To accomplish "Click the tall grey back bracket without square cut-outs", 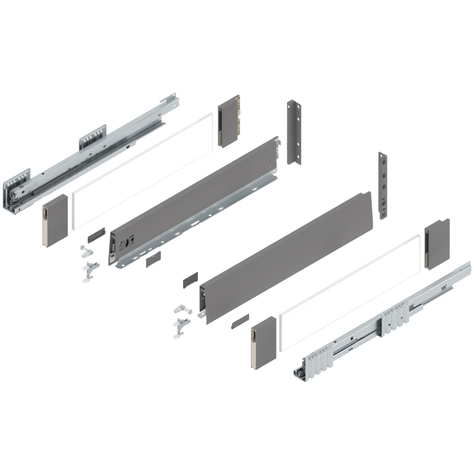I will point(293,131).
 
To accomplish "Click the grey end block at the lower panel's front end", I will point(263,342).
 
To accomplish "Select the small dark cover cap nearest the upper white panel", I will point(96,234).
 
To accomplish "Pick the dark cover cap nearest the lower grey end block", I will point(239,320).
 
